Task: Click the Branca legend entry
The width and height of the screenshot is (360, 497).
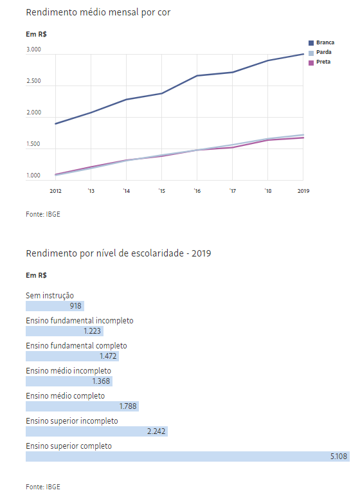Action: point(321,42)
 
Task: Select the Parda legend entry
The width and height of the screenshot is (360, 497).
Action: point(320,52)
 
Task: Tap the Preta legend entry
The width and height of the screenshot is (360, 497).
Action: point(319,62)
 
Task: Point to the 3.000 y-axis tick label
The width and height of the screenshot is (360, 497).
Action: point(33,50)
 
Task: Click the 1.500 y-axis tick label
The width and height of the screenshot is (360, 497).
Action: point(33,144)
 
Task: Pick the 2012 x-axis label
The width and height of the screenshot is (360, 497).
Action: point(55,191)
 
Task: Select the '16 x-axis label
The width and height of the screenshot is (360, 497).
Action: point(197,191)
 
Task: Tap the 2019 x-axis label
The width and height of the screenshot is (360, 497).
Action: point(303,191)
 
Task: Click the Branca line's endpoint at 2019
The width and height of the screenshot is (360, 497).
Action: point(303,54)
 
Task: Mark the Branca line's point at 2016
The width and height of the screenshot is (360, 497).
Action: point(197,76)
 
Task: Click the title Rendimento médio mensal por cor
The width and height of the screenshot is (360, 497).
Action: point(98,12)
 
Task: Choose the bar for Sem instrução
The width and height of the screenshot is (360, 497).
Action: point(55,306)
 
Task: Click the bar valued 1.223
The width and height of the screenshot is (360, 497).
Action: point(65,331)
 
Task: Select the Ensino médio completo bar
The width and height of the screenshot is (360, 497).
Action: point(82,406)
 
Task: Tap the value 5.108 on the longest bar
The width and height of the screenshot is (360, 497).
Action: point(339,456)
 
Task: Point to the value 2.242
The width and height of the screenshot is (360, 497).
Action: point(156,431)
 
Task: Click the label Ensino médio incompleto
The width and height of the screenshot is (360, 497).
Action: point(68,371)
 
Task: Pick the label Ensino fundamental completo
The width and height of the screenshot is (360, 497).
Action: point(76,346)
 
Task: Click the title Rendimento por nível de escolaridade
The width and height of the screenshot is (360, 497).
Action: point(105,253)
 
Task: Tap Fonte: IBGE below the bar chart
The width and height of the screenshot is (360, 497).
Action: point(43,487)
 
